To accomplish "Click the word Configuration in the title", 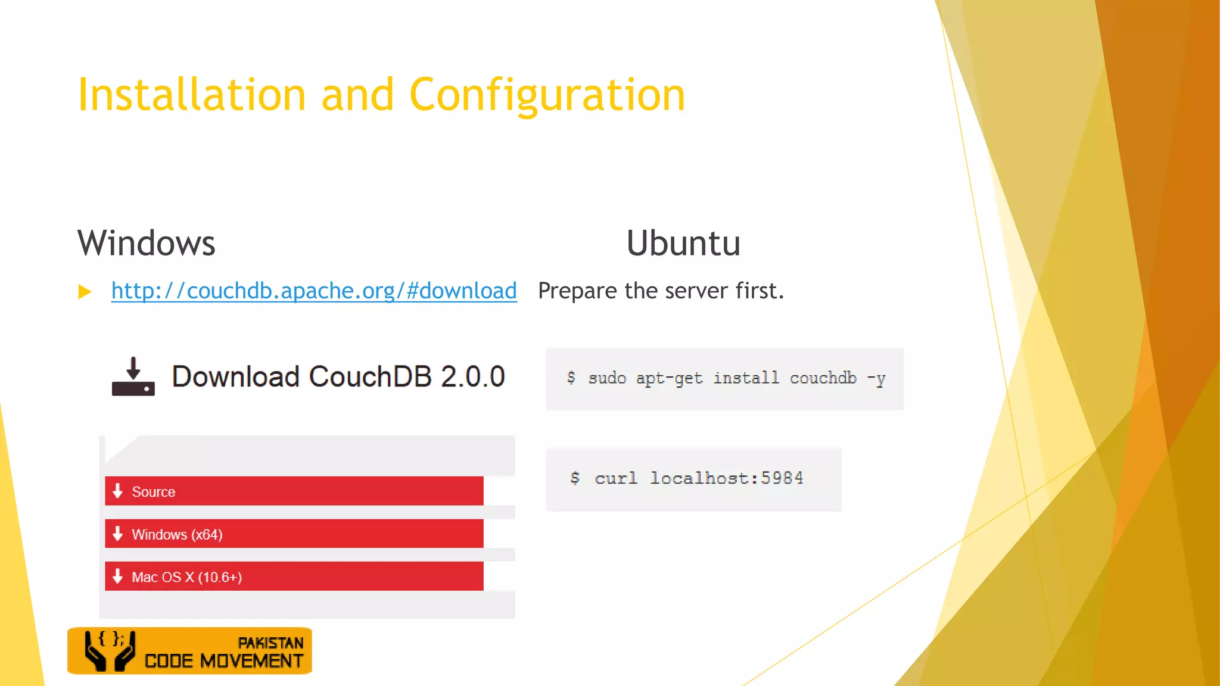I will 547,95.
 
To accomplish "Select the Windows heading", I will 147,243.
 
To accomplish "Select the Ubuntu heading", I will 683,243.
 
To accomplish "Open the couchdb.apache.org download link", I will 314,291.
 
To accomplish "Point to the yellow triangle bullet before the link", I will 85,292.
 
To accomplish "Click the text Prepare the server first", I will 661,291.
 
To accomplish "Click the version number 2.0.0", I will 472,377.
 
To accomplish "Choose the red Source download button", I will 294,491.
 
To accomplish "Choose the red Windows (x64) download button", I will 294,534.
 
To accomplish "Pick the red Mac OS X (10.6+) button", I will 294,576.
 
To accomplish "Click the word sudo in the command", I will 607,378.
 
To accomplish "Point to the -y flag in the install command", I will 876,378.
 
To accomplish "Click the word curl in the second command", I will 616,478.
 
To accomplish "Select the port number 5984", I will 782,478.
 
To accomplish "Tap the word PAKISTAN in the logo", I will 270,643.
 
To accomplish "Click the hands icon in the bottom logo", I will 110,651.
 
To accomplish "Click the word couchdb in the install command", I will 823,378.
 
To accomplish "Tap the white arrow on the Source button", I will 118,491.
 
